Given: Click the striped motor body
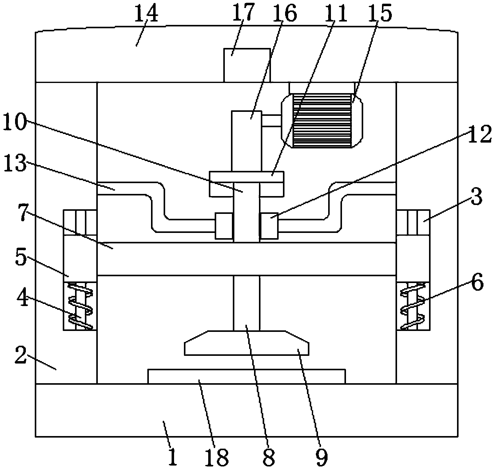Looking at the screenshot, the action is [322, 121].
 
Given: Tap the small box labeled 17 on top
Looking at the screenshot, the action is [247, 65].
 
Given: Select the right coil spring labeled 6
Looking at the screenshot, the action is [413, 306].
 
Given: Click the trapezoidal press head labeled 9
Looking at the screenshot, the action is [246, 343].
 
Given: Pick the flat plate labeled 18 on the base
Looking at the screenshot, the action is [246, 376].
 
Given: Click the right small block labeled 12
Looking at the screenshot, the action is [269, 226].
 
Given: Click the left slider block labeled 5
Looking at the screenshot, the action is [80, 259].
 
